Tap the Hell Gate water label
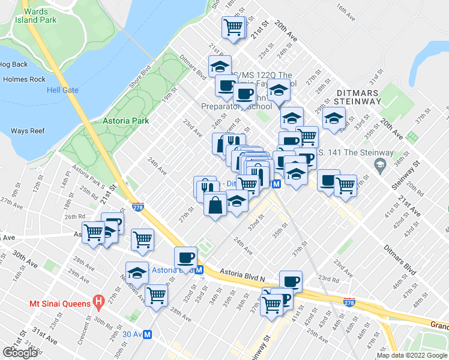tap(62, 90)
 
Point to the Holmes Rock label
tap(24, 79)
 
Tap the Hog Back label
tap(14, 64)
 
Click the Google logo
tap(20, 353)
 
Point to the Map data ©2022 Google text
tap(412, 355)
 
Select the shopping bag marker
tap(215, 206)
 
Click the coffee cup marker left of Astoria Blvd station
tap(185, 258)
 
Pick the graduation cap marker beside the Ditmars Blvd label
tap(220, 66)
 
